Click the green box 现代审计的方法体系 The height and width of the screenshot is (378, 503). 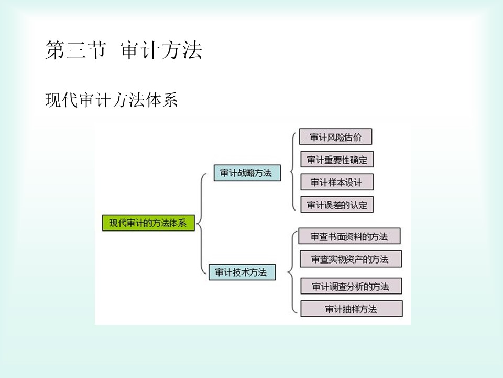[148, 223]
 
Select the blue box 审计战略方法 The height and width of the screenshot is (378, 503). [247, 173]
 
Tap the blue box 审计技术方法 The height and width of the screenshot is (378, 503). [242, 272]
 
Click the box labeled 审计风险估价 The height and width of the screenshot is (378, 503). [335, 137]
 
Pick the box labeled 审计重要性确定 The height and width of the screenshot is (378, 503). [337, 160]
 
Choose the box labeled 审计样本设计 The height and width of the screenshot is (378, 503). [337, 182]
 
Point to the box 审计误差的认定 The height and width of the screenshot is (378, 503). [337, 204]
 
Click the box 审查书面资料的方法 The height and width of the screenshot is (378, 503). [349, 236]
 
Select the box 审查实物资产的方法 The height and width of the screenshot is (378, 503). [351, 259]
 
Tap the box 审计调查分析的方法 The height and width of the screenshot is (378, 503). [351, 286]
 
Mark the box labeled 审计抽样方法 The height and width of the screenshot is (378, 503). [351, 309]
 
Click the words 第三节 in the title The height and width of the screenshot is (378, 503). [75, 50]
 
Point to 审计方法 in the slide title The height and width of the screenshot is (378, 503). [161, 50]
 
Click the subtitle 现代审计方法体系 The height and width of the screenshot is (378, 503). [111, 100]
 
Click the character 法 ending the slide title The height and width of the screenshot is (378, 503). [192, 50]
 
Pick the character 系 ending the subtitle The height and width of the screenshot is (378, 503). [170, 100]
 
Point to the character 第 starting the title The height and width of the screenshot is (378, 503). [55, 50]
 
